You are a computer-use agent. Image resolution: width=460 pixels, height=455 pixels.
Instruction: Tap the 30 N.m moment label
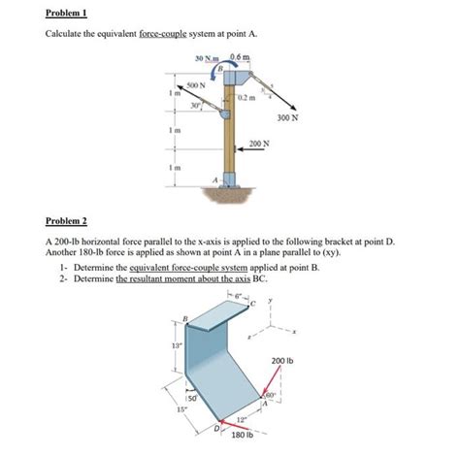pyautogui.click(x=208, y=60)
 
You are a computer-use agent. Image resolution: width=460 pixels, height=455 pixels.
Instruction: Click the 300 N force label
pyautogui.click(x=287, y=118)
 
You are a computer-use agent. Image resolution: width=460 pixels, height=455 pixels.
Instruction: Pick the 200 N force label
pyautogui.click(x=259, y=144)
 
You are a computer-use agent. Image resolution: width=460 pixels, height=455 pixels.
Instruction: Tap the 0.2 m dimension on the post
pyautogui.click(x=247, y=98)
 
